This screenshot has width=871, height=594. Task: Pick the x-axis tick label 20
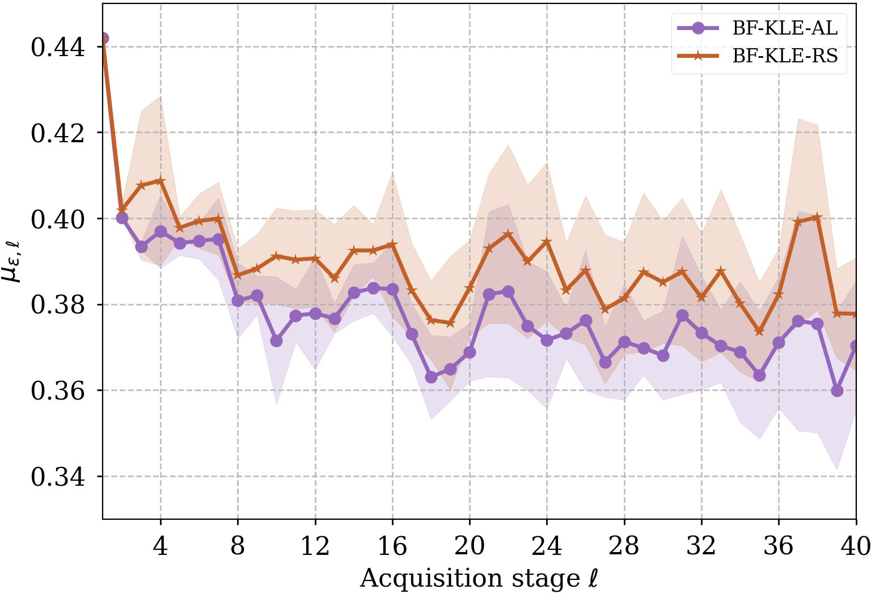[x=470, y=546]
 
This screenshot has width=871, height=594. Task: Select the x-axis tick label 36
[x=779, y=546]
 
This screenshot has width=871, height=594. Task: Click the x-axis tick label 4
[x=160, y=546]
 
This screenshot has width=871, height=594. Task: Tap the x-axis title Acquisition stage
[x=479, y=579]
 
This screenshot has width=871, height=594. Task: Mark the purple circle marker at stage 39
[x=837, y=391]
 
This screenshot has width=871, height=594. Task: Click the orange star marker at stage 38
[x=817, y=217]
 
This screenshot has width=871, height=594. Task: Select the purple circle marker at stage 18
[x=431, y=377]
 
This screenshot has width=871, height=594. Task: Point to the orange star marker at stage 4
[x=160, y=181]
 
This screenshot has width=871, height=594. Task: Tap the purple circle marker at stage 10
[x=276, y=341]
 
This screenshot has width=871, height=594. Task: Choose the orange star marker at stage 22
[x=508, y=234]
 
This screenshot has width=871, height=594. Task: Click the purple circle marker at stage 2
[x=122, y=218]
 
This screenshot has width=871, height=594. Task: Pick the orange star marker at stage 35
[x=759, y=332]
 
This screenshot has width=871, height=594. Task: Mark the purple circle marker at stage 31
[x=682, y=315]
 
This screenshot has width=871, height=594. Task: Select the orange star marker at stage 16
[x=392, y=244]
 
